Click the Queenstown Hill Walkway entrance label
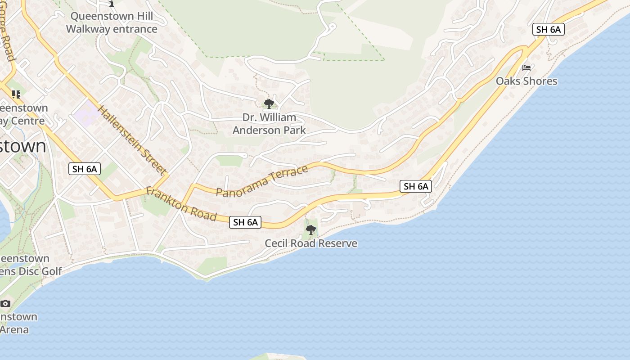pos(112,22)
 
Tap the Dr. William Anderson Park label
pos(269,124)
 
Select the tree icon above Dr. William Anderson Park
pos(269,104)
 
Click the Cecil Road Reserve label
pos(311,243)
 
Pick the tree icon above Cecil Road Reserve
pos(310,230)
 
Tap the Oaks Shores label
pos(526,81)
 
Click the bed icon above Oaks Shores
pos(526,68)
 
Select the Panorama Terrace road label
pos(262,181)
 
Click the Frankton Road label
pos(181,204)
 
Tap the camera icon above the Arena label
pos(5,303)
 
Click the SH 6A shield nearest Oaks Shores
pos(548,30)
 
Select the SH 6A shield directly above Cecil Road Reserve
pos(245,222)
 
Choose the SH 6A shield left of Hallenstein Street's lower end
pos(85,169)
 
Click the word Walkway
pos(88,29)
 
